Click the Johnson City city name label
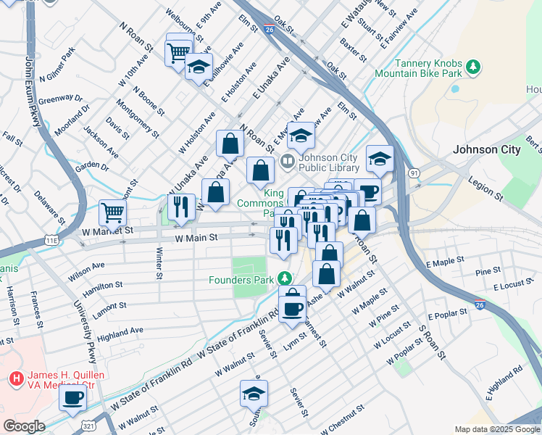click(x=486, y=150)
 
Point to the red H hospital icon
click(x=15, y=378)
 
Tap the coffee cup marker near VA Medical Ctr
click(x=72, y=398)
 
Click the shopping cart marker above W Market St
click(x=113, y=212)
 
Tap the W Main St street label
click(x=196, y=238)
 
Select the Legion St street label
click(x=486, y=191)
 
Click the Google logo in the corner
click(x=24, y=426)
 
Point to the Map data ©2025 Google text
click(x=496, y=429)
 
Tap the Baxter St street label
click(x=354, y=51)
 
